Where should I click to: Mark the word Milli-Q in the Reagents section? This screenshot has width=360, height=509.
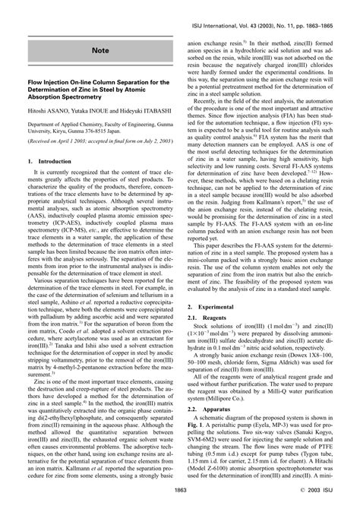(x=289, y=390)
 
